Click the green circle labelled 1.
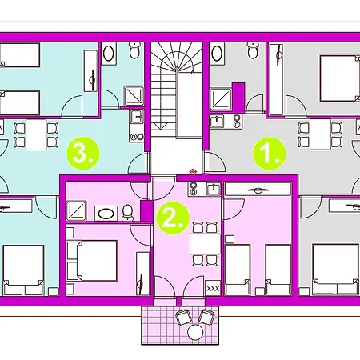(269, 154)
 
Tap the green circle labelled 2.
(173, 218)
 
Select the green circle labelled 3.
(83, 154)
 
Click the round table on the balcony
(195, 332)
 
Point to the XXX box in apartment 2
(213, 288)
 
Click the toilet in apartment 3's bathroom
(134, 50)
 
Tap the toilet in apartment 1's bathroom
(252, 50)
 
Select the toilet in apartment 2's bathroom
(127, 213)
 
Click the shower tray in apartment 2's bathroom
(76, 211)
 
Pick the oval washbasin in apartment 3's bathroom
(109, 54)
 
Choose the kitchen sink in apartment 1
(217, 122)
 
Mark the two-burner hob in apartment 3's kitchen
(137, 137)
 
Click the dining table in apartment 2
(205, 244)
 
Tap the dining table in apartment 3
(36, 134)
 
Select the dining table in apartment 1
(320, 134)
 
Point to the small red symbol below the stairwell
(193, 171)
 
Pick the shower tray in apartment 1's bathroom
(221, 99)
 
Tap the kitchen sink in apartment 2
(214, 189)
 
